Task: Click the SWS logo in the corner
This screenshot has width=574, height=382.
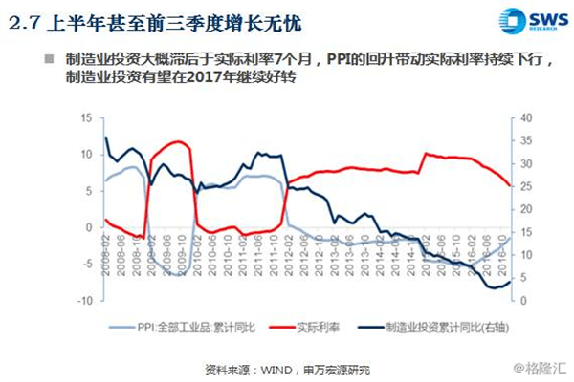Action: (529, 21)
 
